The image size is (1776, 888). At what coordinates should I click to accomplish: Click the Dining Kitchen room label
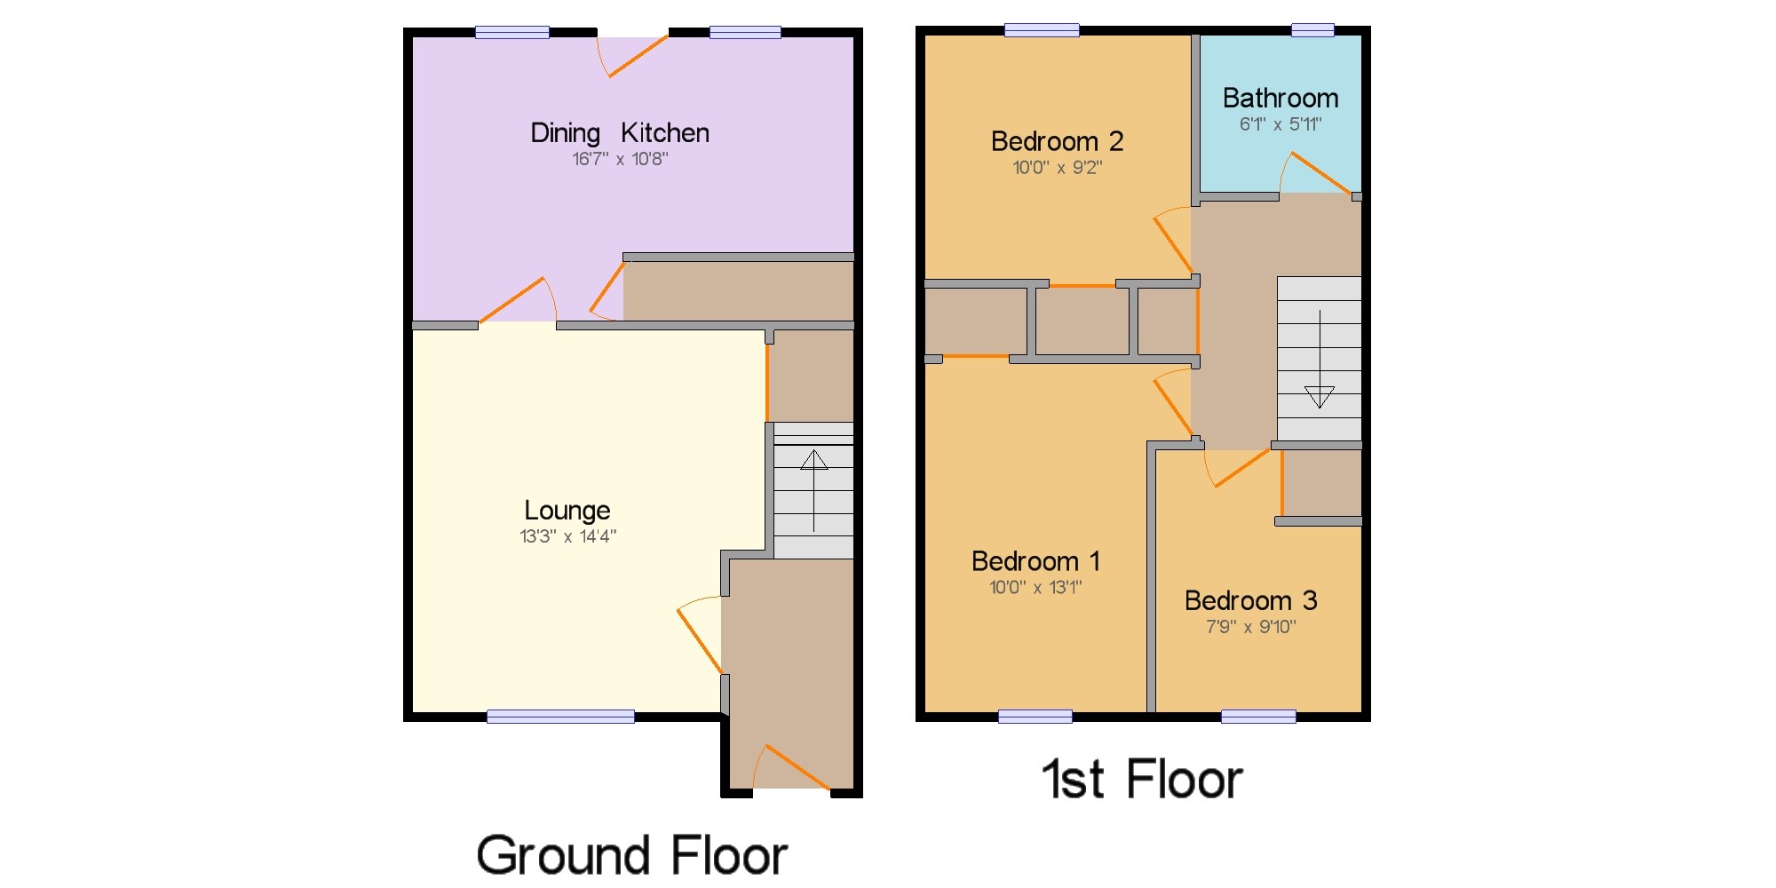click(x=619, y=133)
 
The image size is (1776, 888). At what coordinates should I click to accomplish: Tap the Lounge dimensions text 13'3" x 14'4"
click(x=567, y=536)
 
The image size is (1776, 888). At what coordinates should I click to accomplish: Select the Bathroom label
click(x=1280, y=98)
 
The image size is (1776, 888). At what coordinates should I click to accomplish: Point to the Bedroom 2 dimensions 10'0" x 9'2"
click(x=1057, y=167)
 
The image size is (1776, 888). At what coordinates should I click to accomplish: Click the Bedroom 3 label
click(x=1250, y=600)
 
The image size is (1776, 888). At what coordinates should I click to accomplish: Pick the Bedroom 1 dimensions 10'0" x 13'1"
click(x=1035, y=587)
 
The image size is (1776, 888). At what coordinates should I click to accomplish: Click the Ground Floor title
click(x=631, y=855)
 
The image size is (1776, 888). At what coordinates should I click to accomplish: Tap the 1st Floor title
click(x=1141, y=780)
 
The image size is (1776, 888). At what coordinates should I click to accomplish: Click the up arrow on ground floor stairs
click(x=813, y=461)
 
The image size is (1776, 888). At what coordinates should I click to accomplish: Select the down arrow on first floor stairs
click(x=1319, y=396)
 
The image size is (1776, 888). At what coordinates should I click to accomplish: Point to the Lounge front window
click(x=560, y=716)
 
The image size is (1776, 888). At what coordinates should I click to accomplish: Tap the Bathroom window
click(x=1312, y=31)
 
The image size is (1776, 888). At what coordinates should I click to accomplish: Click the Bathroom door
click(x=1319, y=172)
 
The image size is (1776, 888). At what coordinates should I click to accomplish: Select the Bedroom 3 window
click(x=1257, y=716)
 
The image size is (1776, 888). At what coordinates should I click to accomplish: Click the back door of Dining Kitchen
click(x=636, y=56)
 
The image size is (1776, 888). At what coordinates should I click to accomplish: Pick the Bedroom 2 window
click(x=1042, y=31)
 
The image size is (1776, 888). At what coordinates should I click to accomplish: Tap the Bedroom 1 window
click(x=1035, y=716)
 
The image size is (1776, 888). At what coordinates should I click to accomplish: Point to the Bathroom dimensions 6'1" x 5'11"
click(x=1280, y=124)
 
